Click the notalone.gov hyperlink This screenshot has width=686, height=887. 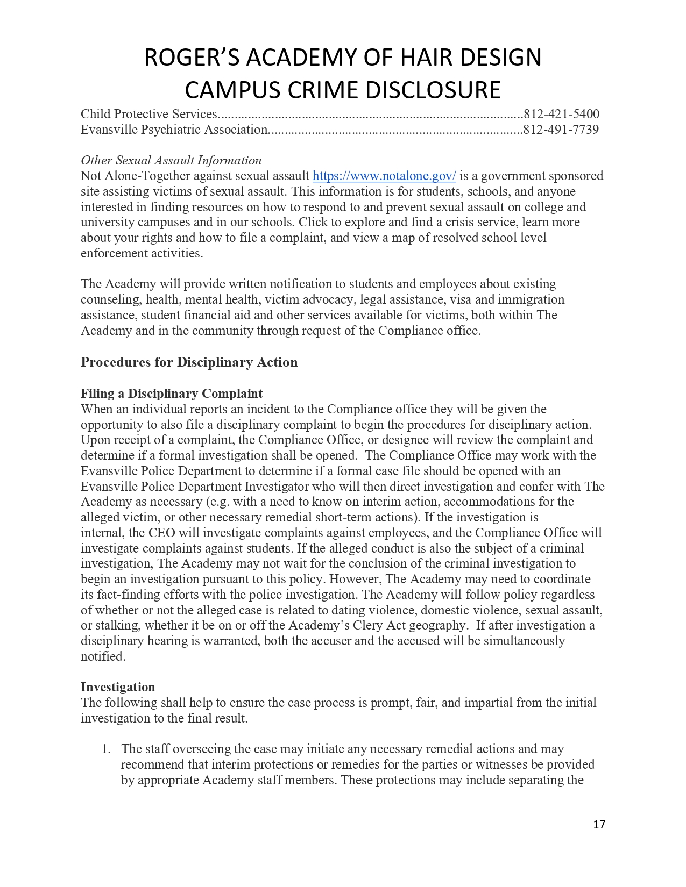pyautogui.click(x=384, y=176)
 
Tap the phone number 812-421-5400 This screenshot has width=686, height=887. pyautogui.click(x=561, y=114)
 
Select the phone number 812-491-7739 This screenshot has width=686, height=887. pyautogui.click(x=561, y=130)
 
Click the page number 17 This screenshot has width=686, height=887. pyautogui.click(x=599, y=825)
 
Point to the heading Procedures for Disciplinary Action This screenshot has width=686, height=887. pyautogui.click(x=189, y=362)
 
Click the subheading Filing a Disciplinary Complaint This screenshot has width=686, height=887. pyautogui.click(x=172, y=394)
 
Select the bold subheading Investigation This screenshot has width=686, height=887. pyautogui.click(x=118, y=687)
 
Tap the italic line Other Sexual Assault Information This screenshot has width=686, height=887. pyautogui.click(x=171, y=160)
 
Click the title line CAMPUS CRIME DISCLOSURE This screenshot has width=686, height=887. pyautogui.click(x=343, y=90)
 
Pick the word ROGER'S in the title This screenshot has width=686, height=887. pyautogui.click(x=192, y=58)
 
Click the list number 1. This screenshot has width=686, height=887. pyautogui.click(x=106, y=749)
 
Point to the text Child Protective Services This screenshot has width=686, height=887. pyautogui.click(x=148, y=114)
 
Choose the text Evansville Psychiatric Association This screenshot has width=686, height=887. pyautogui.click(x=174, y=130)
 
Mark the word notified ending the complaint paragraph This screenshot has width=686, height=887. pyautogui.click(x=102, y=656)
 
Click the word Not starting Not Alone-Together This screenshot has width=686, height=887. pyautogui.click(x=91, y=176)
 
